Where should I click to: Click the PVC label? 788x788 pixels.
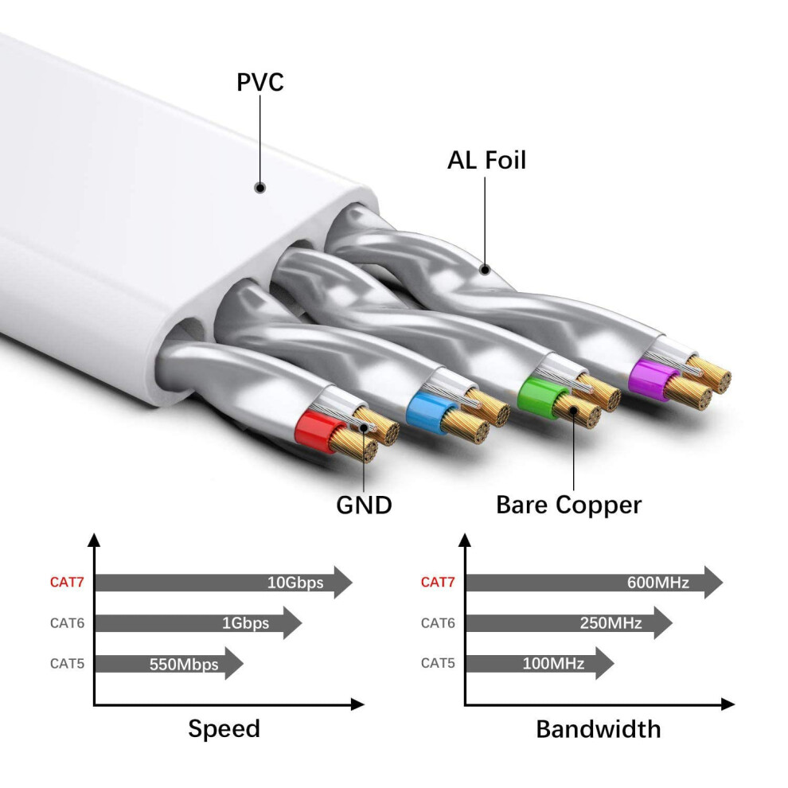coord(259,83)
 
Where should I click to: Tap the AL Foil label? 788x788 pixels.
coord(486,160)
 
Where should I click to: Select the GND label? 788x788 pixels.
coord(364,505)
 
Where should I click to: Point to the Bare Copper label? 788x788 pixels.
coord(568,505)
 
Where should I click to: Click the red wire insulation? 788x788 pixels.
coord(315,431)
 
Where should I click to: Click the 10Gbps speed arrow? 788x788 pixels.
coord(224,583)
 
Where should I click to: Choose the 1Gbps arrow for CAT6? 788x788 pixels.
coord(198,623)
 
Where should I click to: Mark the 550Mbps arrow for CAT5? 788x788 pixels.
coord(169,663)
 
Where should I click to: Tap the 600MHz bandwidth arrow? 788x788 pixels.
coord(595,583)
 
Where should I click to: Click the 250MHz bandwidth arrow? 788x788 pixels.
coord(569,623)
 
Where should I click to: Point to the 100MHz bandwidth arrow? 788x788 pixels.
coord(540,663)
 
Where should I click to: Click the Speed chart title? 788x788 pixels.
coord(224,728)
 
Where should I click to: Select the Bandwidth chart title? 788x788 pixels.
coord(598,729)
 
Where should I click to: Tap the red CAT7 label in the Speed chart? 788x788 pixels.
coord(67,583)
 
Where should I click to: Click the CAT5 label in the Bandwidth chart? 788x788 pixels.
coord(438,663)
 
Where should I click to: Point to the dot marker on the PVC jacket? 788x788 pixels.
coord(259,188)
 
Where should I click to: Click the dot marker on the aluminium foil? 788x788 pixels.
coord(485,270)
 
